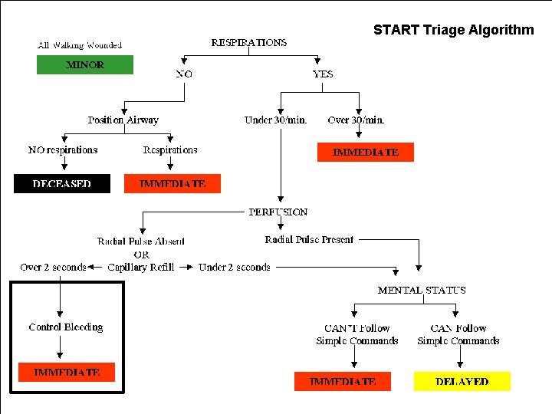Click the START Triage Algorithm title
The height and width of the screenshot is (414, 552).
tap(453, 31)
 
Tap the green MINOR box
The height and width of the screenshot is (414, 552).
tap(85, 65)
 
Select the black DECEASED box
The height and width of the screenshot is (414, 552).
tap(62, 184)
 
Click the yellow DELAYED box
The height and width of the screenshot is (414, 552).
tap(462, 381)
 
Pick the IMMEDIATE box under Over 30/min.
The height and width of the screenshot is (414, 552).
tap(366, 153)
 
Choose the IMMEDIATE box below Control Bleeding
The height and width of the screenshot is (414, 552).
tap(67, 373)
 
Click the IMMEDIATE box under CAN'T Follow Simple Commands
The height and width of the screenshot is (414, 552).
tap(343, 381)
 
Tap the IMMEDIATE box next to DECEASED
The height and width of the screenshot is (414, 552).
tap(172, 184)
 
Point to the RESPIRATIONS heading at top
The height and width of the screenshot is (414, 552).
tap(249, 43)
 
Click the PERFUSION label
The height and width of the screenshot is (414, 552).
tap(278, 212)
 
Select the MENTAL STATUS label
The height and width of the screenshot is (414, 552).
tap(422, 291)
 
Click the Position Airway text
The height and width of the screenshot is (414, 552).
tap(123, 120)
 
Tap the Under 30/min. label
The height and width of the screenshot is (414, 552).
tap(276, 120)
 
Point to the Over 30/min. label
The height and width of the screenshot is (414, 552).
tap(356, 120)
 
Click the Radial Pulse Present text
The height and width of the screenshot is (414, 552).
tap(309, 240)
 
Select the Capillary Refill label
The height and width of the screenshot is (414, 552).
tap(141, 268)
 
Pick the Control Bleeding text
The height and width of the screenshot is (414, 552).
tap(66, 327)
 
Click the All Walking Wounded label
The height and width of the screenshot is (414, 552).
tap(80, 46)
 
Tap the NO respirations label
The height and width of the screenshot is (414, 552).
tap(63, 150)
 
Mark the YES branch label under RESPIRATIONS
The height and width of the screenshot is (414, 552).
tap(323, 74)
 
